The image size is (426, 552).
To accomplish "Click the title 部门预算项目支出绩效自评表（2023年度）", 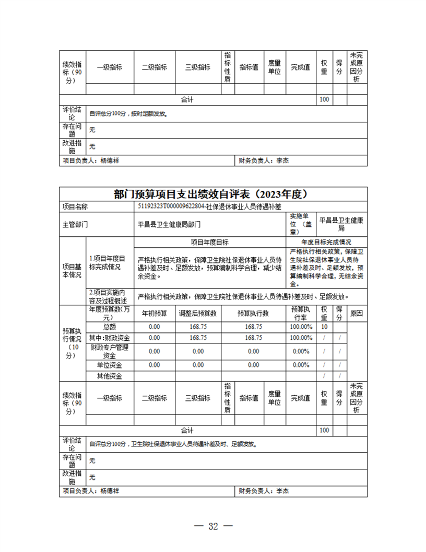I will pyautogui.click(x=212, y=194).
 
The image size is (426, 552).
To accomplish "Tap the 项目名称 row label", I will pyautogui.click(x=75, y=207).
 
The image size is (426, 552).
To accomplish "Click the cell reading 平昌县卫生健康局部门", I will pyautogui.click(x=169, y=225).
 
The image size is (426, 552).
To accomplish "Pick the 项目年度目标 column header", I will pyautogui.click(x=210, y=243).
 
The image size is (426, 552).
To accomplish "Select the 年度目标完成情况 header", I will pyautogui.click(x=326, y=243).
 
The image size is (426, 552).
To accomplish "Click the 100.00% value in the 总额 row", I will pyautogui.click(x=301, y=327).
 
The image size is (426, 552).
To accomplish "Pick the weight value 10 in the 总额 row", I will pyautogui.click(x=324, y=327).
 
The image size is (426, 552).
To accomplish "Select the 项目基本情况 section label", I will pyautogui.click(x=72, y=271).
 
